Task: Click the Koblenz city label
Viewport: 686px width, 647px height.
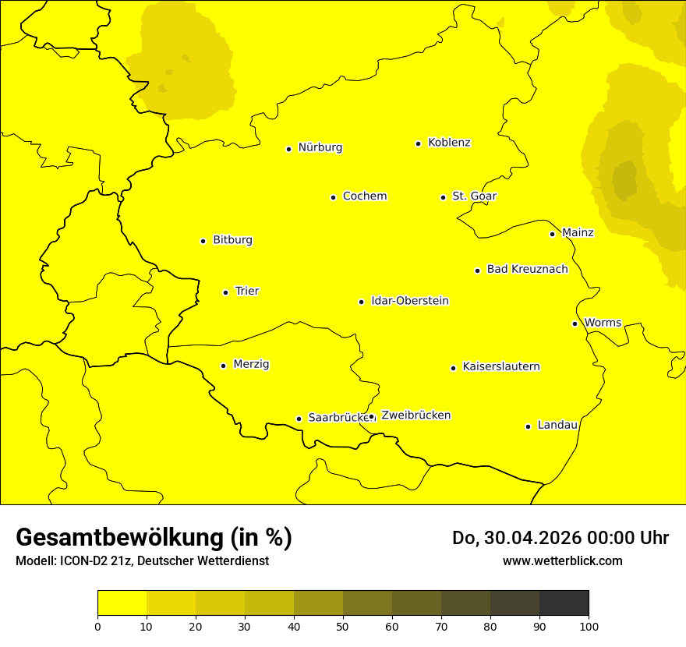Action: pyautogui.click(x=449, y=143)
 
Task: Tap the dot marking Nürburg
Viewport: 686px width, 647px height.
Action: pyautogui.click(x=288, y=149)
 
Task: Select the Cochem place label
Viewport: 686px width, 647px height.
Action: pyautogui.click(x=364, y=196)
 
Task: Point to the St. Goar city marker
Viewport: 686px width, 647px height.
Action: pyautogui.click(x=443, y=197)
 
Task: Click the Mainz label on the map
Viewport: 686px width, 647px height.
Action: pyautogui.click(x=578, y=233)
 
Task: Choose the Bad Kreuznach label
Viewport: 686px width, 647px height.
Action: pyautogui.click(x=527, y=270)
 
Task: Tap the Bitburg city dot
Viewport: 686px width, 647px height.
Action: pyautogui.click(x=203, y=241)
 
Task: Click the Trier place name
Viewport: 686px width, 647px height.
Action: pyautogui.click(x=246, y=292)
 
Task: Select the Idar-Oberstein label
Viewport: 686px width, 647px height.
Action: pyautogui.click(x=409, y=301)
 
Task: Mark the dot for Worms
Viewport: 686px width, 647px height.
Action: pyautogui.click(x=575, y=323)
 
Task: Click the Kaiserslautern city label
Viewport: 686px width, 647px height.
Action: pyautogui.click(x=500, y=367)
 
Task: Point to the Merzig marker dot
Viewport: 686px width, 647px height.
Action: pyautogui.click(x=223, y=366)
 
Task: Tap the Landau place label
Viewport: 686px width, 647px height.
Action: pyautogui.click(x=557, y=426)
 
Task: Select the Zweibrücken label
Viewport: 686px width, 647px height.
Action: pyautogui.click(x=415, y=415)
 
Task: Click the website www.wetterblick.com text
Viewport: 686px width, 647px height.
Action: pyautogui.click(x=562, y=560)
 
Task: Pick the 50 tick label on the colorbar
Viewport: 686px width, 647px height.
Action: pyautogui.click(x=343, y=626)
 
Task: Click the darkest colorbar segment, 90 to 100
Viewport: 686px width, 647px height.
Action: pyautogui.click(x=564, y=603)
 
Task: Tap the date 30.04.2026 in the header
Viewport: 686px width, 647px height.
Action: pyautogui.click(x=532, y=538)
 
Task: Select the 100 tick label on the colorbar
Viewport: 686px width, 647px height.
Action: pyautogui.click(x=589, y=626)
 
